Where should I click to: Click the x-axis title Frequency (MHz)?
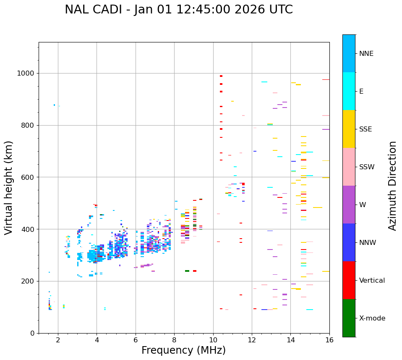(183, 350)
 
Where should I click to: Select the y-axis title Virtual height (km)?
(9, 187)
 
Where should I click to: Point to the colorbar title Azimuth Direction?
(392, 186)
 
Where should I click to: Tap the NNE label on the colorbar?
(366, 54)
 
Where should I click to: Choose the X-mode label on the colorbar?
(372, 318)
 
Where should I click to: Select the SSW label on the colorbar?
(367, 167)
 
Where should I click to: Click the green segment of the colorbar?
(349, 318)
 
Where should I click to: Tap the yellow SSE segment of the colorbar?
(349, 129)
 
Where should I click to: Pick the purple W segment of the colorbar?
(349, 205)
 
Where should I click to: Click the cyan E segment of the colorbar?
(349, 91)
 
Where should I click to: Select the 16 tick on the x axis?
(329, 340)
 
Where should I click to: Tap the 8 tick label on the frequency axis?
(174, 340)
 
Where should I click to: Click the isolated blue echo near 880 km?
(54, 105)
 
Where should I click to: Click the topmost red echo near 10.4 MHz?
(221, 76)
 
